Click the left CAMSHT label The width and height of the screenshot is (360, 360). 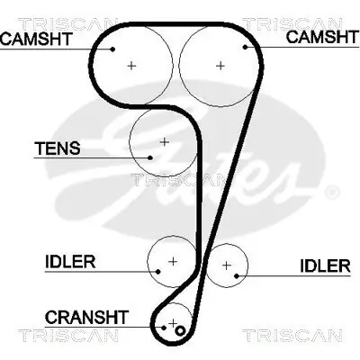coord(36,38)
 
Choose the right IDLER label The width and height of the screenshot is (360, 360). coord(324,265)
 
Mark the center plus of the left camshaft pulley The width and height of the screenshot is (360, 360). coord(131,65)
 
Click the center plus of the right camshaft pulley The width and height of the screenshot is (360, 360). coord(220,65)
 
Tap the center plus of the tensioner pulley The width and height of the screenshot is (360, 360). coord(164,141)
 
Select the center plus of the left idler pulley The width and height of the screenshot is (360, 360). coord(172,260)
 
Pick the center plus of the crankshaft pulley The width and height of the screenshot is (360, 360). coord(172,322)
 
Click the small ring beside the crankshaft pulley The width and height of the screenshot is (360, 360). coord(180,330)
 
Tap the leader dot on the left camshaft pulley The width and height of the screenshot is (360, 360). coord(113,49)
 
